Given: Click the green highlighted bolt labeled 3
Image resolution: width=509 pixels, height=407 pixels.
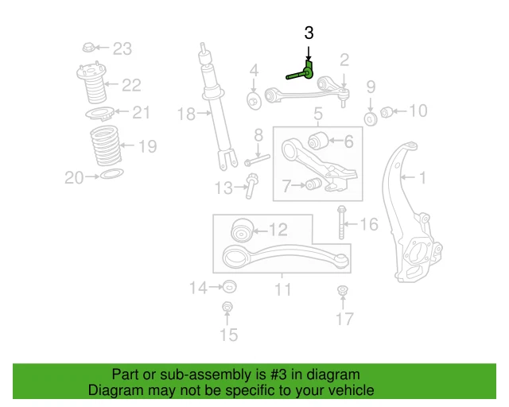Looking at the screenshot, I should (301, 74).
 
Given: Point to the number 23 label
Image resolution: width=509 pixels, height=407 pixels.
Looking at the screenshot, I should (121, 49).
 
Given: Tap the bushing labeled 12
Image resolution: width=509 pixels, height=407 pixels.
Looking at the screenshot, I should (241, 231).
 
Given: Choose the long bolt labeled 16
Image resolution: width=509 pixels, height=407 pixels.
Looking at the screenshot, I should (341, 223).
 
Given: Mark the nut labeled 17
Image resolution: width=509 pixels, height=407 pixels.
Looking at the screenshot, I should (343, 291).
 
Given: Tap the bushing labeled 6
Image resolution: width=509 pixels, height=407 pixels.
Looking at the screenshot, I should (318, 141).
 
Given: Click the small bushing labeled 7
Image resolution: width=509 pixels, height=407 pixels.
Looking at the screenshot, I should (313, 185).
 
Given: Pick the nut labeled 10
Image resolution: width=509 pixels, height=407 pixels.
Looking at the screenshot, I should (386, 111).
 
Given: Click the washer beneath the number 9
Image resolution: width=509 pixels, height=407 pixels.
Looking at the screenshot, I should (370, 119).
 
